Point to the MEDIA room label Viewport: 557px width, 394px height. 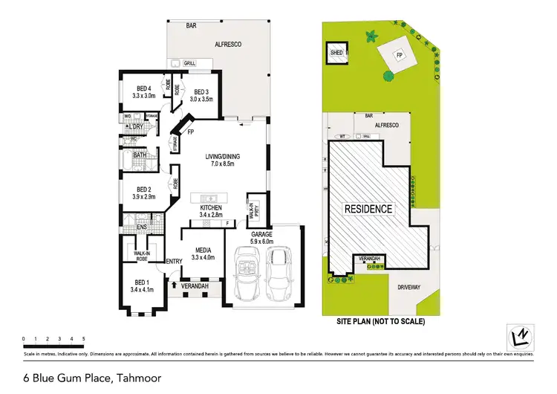(x=203, y=253)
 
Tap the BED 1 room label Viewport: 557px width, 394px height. (x=142, y=285)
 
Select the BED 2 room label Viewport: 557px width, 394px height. (x=144, y=193)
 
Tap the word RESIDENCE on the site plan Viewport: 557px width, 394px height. (x=367, y=209)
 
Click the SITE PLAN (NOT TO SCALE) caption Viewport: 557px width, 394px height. (x=380, y=322)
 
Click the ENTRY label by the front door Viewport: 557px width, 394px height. (x=175, y=261)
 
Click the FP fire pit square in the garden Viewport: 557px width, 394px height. (x=400, y=54)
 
